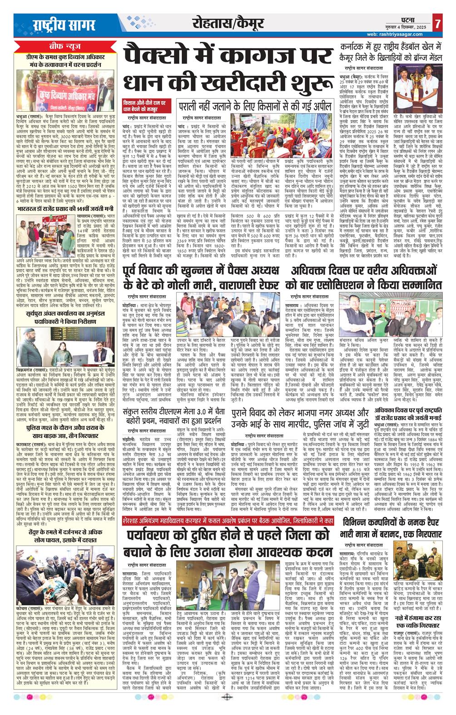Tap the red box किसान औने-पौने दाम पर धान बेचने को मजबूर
(x=146, y=107)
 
